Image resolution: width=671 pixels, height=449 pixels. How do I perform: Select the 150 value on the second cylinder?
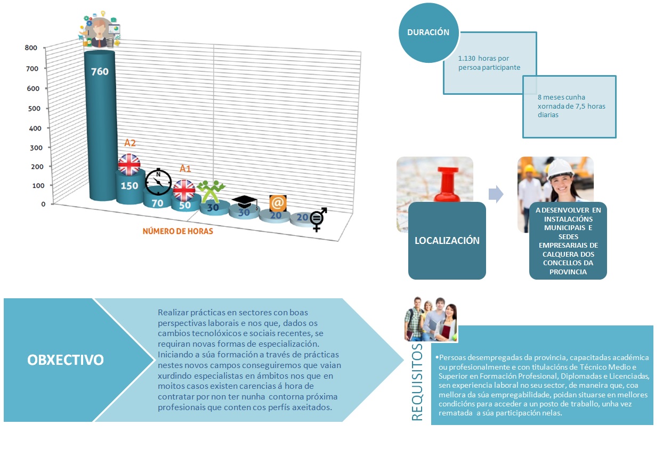coord(129,186)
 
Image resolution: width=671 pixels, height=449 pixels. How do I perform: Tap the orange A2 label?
coord(130,143)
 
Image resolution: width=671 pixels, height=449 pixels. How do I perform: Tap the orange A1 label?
coord(185,168)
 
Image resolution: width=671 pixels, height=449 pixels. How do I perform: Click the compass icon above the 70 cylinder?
coord(158,182)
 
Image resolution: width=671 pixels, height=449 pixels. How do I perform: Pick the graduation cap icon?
coord(245,202)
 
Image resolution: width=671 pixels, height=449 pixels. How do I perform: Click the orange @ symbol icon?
coord(278,203)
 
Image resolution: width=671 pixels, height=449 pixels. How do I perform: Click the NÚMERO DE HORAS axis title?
coord(177,231)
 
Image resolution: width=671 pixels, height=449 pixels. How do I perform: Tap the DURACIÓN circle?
coord(428,32)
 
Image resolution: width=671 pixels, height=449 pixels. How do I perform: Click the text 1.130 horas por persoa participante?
coord(489,62)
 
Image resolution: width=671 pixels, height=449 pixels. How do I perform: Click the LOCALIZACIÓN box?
coord(447,240)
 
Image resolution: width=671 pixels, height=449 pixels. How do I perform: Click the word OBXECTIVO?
coord(66,360)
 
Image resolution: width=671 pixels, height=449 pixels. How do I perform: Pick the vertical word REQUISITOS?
coord(418,381)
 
